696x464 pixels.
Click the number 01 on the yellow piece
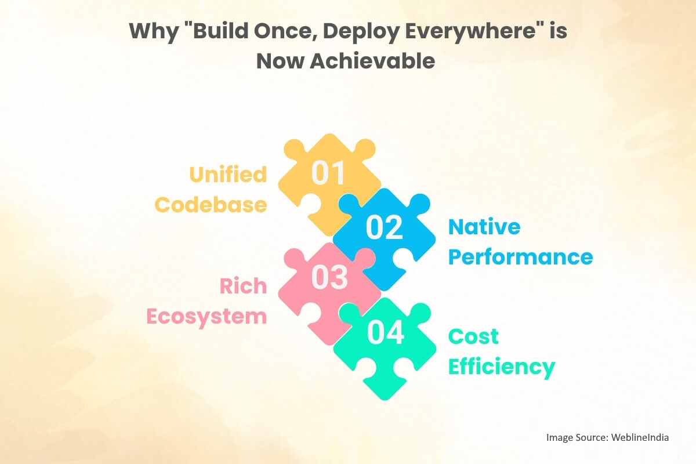pyautogui.click(x=329, y=173)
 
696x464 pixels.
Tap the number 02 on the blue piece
pyautogui.click(x=384, y=227)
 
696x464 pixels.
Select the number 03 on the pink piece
pyautogui.click(x=329, y=278)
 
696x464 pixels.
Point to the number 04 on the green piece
pyautogui.click(x=386, y=333)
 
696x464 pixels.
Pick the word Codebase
pyautogui.click(x=211, y=205)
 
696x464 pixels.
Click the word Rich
pyautogui.click(x=243, y=286)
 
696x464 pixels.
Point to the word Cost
pyautogui.click(x=473, y=336)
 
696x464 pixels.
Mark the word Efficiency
pyautogui.click(x=502, y=367)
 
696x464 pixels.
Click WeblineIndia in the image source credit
pyautogui.click(x=639, y=437)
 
